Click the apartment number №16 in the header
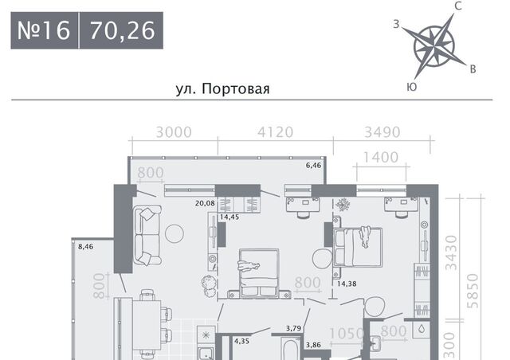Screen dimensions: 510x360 click(x=44, y=30)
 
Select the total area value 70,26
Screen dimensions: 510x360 click(x=122, y=30)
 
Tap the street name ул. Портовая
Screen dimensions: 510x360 click(x=223, y=88)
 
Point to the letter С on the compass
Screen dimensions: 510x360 click(x=458, y=6)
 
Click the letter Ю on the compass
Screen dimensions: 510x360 click(x=412, y=87)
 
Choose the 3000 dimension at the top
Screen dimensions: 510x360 click(x=174, y=132)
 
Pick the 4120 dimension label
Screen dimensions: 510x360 click(x=275, y=132)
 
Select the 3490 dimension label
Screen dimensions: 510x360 click(x=382, y=132)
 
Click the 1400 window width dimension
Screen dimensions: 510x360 click(x=381, y=158)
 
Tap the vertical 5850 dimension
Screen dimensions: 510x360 click(x=473, y=291)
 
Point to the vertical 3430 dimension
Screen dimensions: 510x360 click(x=451, y=253)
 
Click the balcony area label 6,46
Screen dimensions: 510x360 click(x=313, y=165)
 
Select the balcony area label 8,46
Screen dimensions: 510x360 click(x=86, y=246)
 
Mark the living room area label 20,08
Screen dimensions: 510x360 click(x=205, y=203)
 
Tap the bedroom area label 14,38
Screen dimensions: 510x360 click(x=347, y=284)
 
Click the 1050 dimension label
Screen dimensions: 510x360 click(x=347, y=334)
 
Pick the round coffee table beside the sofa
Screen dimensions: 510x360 click(x=175, y=234)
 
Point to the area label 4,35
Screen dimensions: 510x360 click(x=241, y=341)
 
